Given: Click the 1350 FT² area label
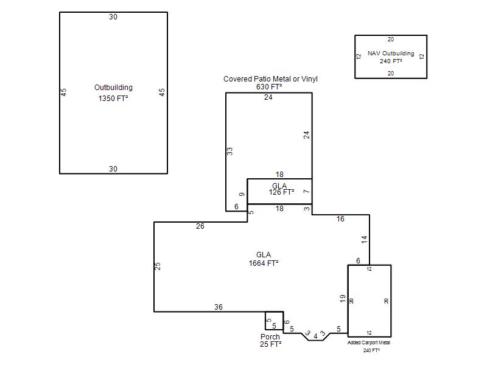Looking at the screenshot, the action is [113, 99].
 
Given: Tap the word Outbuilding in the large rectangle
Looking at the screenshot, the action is [113, 88].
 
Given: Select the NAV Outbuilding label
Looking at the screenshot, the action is [391, 54].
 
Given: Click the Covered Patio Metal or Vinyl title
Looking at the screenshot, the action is [270, 79].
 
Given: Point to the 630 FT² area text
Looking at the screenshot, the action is [269, 87].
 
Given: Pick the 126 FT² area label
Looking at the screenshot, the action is [281, 192].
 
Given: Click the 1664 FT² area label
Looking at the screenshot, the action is [264, 263].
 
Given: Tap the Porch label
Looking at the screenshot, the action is [270, 337].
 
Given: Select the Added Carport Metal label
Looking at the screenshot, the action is [369, 342].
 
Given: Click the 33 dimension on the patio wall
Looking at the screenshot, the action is [229, 151].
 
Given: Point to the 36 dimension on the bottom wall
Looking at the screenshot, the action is [219, 307].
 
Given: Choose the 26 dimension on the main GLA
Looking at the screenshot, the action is [200, 226].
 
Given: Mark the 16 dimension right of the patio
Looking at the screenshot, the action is [340, 219].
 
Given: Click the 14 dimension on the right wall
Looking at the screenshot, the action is [364, 239].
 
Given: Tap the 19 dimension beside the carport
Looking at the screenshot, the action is [343, 299].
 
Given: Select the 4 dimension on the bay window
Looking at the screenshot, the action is [315, 336].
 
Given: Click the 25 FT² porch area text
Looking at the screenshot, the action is [270, 344].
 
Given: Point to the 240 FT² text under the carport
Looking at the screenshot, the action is [371, 350].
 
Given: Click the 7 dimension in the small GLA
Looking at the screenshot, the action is [307, 191].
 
